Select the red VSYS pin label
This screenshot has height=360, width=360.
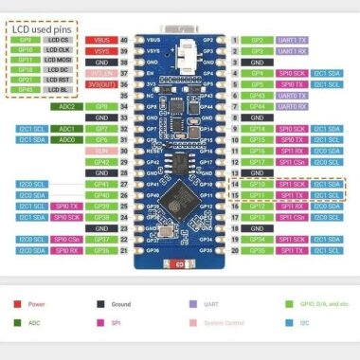point(102,52)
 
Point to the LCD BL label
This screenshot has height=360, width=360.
point(59,90)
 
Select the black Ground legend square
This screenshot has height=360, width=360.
point(101,306)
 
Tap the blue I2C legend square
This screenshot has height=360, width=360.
point(282,323)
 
